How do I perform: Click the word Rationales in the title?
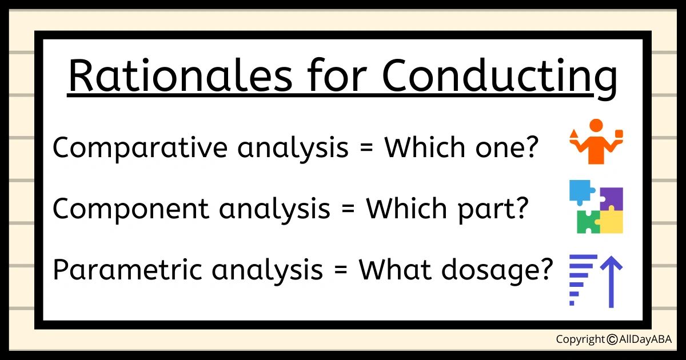(x=181, y=75)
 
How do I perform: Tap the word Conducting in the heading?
(x=500, y=78)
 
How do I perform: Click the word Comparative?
(x=140, y=148)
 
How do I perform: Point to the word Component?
(x=131, y=208)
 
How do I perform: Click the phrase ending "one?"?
(x=461, y=147)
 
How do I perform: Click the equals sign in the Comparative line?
(x=366, y=148)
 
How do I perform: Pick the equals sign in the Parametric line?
(x=341, y=270)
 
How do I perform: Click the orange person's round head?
(x=596, y=126)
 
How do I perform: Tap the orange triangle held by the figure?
(x=574, y=134)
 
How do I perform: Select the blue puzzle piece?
(x=581, y=191)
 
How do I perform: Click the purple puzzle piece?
(x=611, y=198)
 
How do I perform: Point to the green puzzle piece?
(x=588, y=222)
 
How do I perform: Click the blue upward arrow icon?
(x=611, y=282)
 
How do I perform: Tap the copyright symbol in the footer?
(x=612, y=339)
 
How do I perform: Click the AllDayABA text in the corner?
(x=645, y=339)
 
